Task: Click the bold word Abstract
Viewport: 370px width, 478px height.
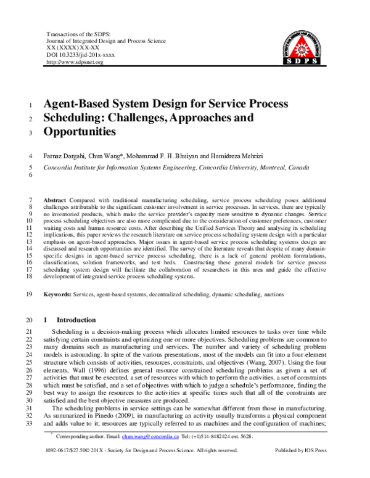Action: (55, 201)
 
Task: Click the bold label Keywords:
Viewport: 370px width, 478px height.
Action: (59, 295)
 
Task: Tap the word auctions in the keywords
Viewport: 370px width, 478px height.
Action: (272, 295)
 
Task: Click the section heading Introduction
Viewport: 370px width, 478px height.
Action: (76, 320)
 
